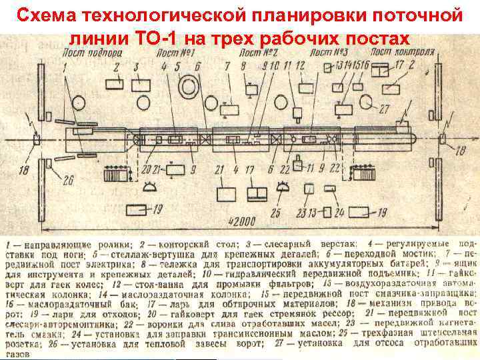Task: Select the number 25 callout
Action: [x=275, y=213]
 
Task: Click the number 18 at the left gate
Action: [x=25, y=171]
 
